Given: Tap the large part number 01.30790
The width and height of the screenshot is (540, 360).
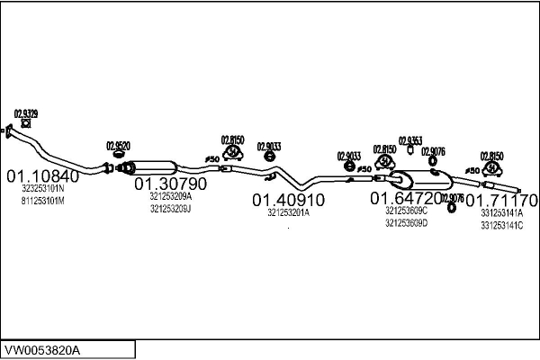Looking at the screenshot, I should coord(171,184).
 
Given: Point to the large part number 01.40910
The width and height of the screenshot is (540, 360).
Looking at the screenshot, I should coord(288,199).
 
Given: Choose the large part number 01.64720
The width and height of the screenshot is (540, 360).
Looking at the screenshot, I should coord(407,197).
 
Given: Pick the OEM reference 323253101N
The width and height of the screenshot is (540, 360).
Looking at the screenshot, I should coord(43,189).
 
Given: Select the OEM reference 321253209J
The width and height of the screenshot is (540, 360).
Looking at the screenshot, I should coord(171,208).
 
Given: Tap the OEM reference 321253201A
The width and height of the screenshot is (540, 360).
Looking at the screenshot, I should coord(288,213).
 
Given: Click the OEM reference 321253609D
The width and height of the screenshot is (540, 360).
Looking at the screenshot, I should coord(406,221).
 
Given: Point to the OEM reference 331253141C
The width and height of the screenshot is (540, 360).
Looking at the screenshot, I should coord(502,225).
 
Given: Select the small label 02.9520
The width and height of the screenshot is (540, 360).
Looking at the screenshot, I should coord(118,145).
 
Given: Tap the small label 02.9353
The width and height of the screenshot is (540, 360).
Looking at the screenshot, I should coord(410,140).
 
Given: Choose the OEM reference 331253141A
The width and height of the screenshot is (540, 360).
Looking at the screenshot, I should coord(502,212).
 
